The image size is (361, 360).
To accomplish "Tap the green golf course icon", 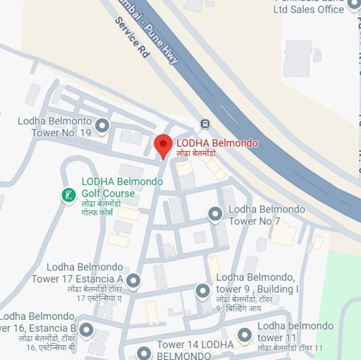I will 69,195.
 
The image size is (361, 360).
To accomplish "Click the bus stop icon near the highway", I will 205,123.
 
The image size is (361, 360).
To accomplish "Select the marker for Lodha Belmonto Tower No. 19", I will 102,126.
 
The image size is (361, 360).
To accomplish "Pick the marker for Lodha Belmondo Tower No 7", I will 215,214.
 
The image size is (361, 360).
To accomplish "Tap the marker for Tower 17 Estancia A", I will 133,280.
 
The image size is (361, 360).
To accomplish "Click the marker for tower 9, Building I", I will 202,291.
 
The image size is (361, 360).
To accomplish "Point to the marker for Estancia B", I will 86,329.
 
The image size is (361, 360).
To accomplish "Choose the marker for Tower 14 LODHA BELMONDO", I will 144,352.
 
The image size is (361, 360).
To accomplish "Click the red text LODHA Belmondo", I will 217,143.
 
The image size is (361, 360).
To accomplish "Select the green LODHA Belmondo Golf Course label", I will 121,188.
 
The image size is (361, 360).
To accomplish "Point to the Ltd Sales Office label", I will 308,9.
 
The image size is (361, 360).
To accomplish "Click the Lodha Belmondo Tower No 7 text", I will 267,215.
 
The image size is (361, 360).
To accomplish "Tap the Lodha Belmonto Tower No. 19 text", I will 55,126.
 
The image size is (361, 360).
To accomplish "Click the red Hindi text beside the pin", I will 196,153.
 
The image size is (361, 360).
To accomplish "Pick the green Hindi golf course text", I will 101,208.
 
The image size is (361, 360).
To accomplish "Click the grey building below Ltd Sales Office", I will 298,58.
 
